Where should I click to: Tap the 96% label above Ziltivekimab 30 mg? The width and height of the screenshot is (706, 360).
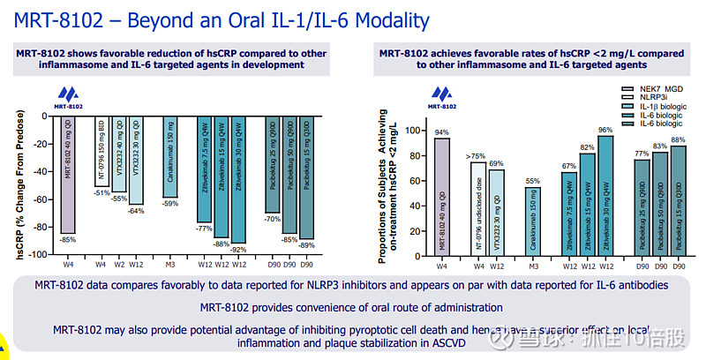click(605, 130)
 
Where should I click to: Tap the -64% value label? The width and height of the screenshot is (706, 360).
click(136, 211)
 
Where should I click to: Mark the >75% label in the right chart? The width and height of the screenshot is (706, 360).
click(477, 155)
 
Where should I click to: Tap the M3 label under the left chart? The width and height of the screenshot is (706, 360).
click(170, 264)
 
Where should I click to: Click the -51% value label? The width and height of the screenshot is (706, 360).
click(101, 193)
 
